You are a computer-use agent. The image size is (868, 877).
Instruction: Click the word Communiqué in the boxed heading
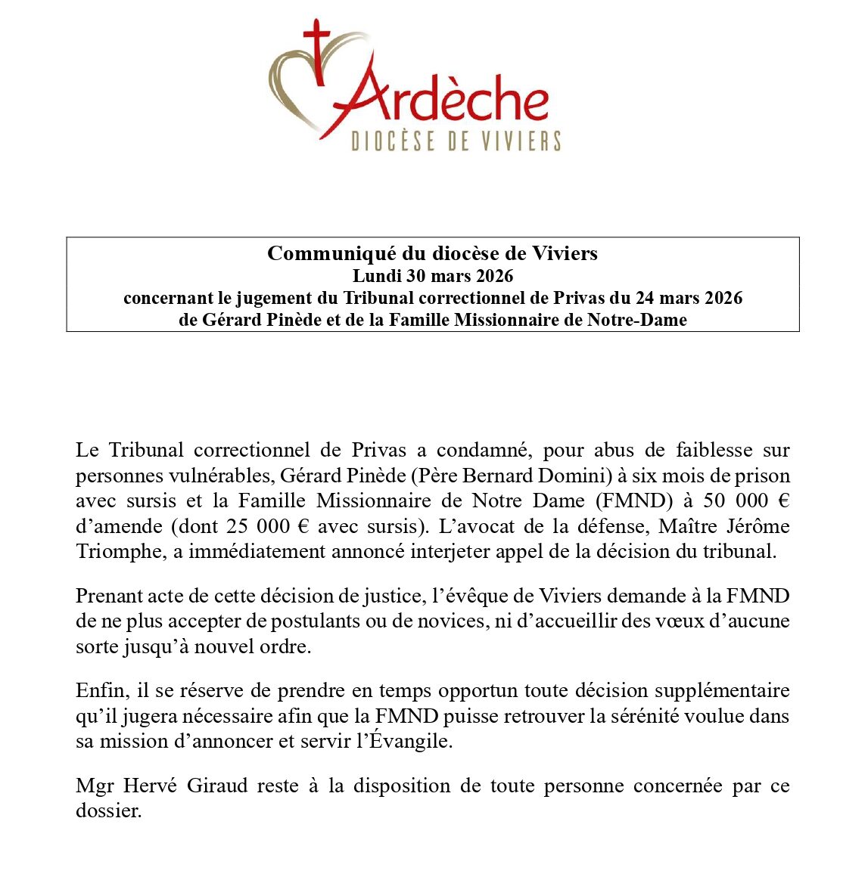pyautogui.click(x=322, y=253)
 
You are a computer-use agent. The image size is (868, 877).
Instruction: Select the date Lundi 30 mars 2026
pyautogui.click(x=433, y=275)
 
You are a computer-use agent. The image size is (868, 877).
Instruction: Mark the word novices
pyautogui.click(x=451, y=621)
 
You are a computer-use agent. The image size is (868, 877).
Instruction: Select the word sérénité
pyautogui.click(x=631, y=715)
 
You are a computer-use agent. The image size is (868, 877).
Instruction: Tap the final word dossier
pyautogui.click(x=108, y=811)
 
